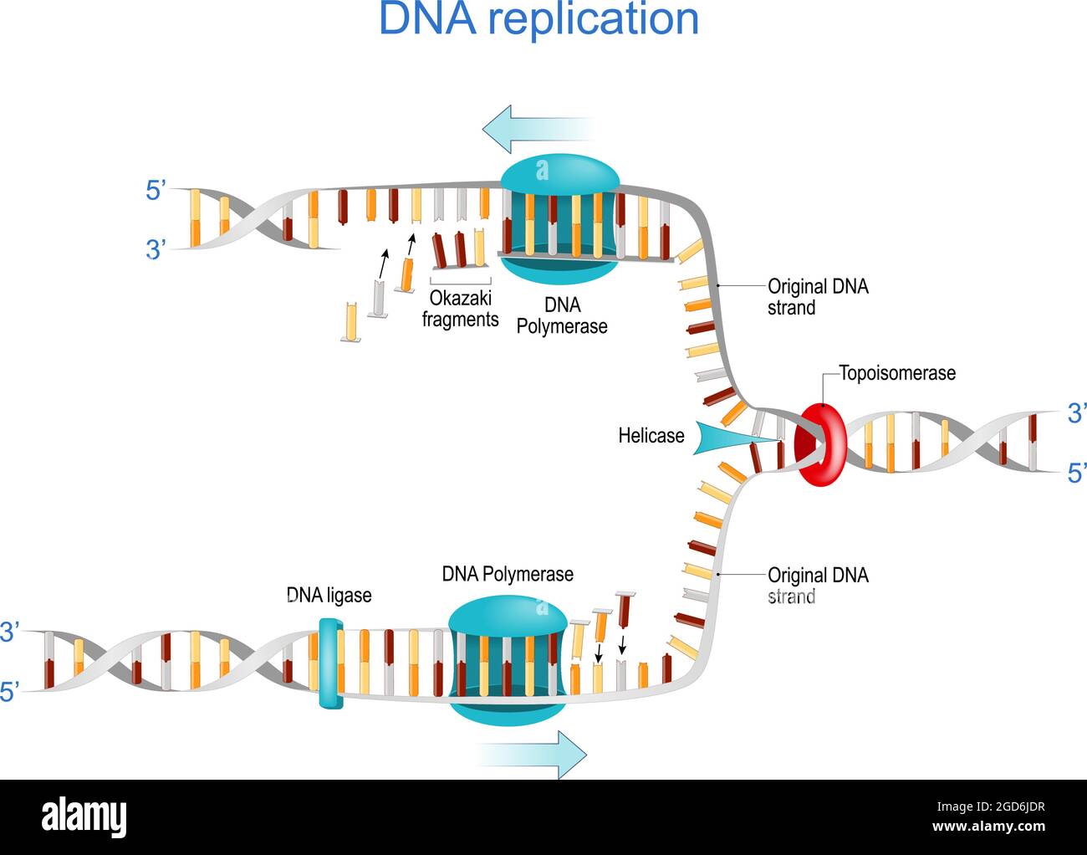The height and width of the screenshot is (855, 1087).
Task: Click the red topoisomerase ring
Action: [820, 444]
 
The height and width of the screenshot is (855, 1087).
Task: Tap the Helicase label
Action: [651, 435]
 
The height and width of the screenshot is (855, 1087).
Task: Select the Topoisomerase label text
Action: [896, 373]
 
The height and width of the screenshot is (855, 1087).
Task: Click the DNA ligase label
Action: [329, 595]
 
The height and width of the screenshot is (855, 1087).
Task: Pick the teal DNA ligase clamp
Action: [330, 663]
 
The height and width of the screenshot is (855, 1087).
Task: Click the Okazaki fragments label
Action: [460, 309]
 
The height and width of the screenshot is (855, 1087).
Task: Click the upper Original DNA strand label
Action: [817, 297]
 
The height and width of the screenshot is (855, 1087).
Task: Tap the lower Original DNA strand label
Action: [817, 586]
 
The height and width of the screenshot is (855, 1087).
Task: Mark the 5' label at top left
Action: [157, 191]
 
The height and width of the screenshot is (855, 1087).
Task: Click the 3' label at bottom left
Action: [10, 632]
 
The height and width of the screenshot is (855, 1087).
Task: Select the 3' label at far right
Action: [1076, 412]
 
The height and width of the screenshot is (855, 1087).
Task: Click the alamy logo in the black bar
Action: [84, 817]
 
